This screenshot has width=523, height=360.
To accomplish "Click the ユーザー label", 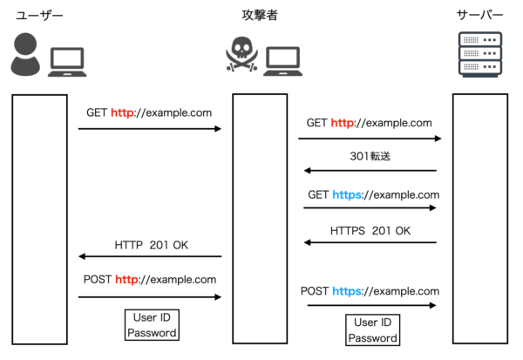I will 40,16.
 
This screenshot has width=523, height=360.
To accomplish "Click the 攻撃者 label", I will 261,16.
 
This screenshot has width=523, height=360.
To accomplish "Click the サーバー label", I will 481,16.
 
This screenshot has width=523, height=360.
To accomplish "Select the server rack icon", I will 480,54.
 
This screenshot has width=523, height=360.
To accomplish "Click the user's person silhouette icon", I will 25,54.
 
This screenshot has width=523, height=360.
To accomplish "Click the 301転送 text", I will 370,157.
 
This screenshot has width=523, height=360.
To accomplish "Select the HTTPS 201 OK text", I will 370,230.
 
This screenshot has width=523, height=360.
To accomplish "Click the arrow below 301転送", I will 370,171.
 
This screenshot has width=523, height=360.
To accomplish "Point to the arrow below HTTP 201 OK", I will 150,256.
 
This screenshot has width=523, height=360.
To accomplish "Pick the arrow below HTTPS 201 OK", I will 370,243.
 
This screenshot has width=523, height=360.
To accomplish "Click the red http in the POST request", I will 127,280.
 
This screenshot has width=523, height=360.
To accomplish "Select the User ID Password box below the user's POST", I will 153,325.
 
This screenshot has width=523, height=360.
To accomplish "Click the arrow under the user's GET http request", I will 150,129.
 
